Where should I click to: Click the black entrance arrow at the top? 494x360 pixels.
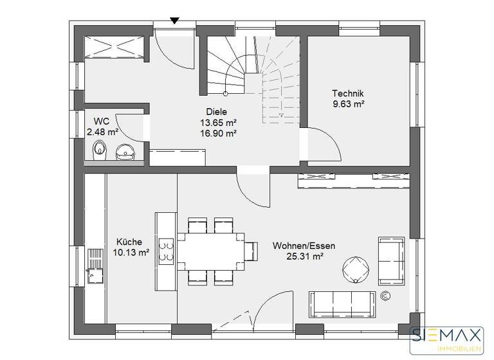point(174,21)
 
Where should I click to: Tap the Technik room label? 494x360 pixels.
point(347,93)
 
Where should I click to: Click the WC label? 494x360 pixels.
point(101,122)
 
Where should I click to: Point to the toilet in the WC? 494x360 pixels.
point(98,152)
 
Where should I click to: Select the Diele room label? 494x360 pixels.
point(218,112)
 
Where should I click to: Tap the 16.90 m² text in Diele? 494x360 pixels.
point(218,133)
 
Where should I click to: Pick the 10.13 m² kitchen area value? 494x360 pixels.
point(131,253)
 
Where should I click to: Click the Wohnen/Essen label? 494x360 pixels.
point(304,246)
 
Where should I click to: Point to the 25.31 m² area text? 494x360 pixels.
point(304,256)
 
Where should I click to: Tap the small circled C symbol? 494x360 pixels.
point(385,296)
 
